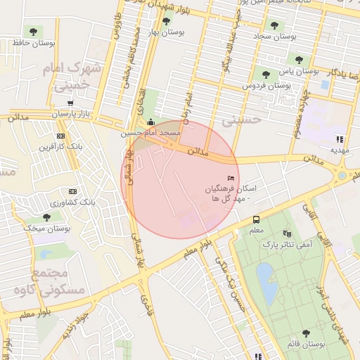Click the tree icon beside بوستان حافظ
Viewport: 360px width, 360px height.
pyautogui.click(x=32, y=32)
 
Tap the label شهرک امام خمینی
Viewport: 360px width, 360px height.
pyautogui.click(x=72, y=77)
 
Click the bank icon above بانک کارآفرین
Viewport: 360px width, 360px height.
pyautogui.click(x=61, y=136)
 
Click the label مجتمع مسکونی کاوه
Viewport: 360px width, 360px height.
pyautogui.click(x=58, y=281)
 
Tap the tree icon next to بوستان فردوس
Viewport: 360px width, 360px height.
pyautogui.click(x=265, y=75)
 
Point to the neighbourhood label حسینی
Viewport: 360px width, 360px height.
pyautogui.click(x=241, y=120)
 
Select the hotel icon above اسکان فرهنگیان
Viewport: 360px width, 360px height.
pyautogui.click(x=231, y=179)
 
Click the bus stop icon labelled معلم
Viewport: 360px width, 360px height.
pyautogui.click(x=256, y=219)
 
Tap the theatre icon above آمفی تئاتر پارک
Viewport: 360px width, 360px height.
pyautogui.click(x=287, y=233)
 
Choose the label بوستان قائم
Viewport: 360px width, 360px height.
pyautogui.click(x=306, y=345)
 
